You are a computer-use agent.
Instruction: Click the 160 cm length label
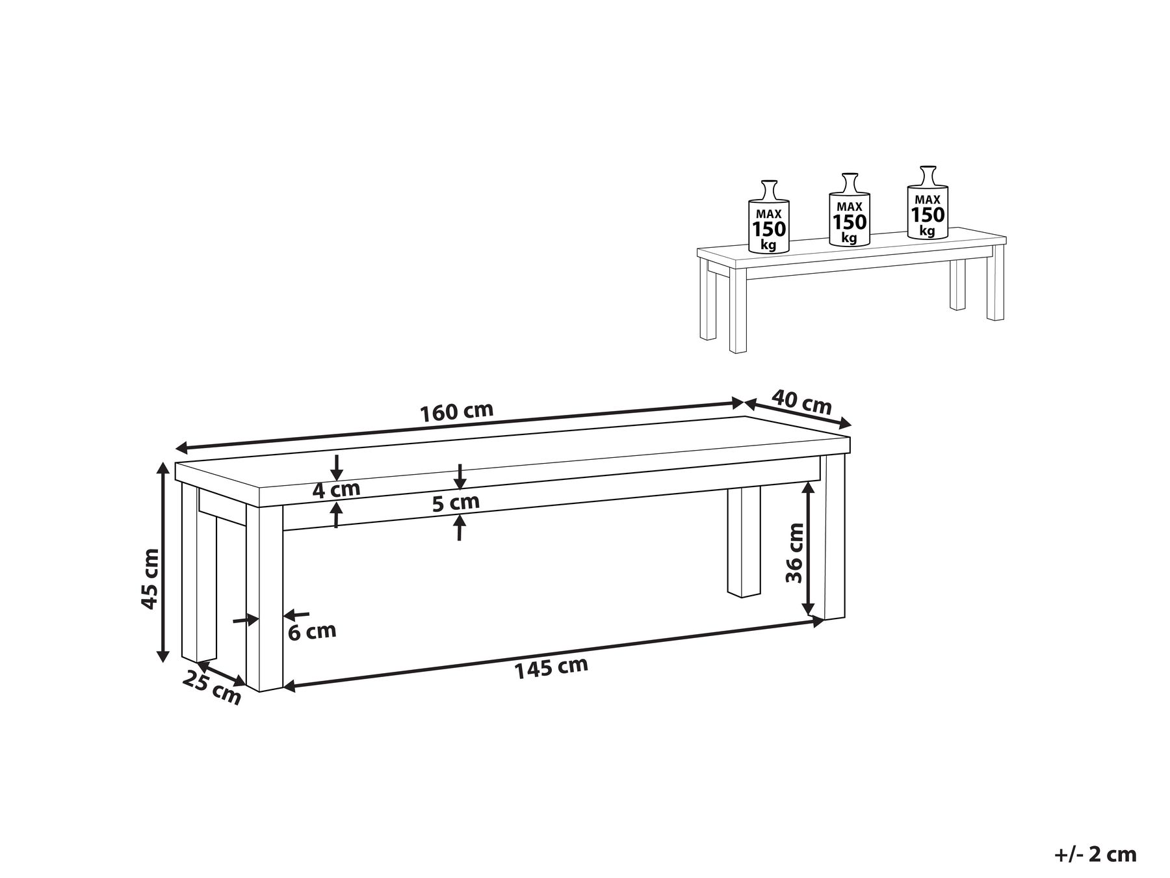457,412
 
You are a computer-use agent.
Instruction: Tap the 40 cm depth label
801,402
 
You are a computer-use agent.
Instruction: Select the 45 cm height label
149,579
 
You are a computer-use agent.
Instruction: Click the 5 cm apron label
456,502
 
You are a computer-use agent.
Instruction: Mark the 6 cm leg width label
313,631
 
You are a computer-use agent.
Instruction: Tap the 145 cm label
551,667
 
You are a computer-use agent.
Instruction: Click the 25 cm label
212,687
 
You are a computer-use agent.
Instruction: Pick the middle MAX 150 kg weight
850,209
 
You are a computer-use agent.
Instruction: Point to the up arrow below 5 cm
460,527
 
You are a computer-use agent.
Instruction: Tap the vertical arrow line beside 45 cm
163,561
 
